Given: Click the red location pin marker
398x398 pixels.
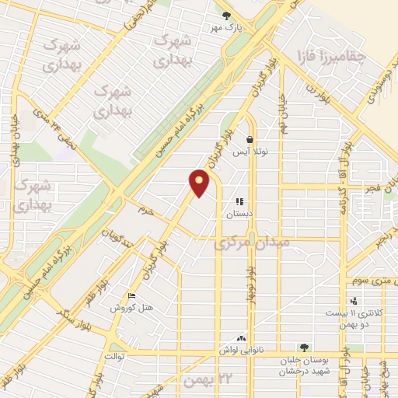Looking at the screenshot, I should pos(200,183).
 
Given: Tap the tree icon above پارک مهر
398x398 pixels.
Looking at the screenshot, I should pos(227,15).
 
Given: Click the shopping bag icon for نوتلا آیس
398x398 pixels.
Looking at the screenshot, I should pos(249,141).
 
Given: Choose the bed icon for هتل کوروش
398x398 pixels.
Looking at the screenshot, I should pos(131,296).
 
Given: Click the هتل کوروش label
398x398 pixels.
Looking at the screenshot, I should pos(138,309).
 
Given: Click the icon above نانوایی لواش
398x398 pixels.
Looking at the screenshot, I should pos(241,338).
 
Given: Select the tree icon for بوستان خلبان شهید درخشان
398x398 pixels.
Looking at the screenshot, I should pos(304,348).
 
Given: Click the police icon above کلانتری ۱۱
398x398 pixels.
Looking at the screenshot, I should pos(354,301).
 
